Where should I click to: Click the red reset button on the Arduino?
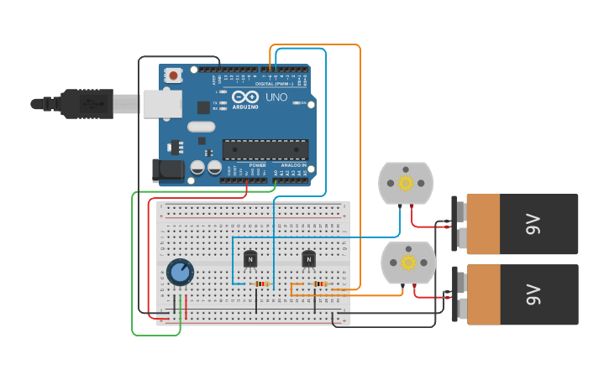[173, 75]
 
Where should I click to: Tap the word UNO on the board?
[276, 97]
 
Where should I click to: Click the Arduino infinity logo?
[245, 98]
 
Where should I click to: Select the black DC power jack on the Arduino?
[167, 170]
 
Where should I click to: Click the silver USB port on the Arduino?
[162, 103]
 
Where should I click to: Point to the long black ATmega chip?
[265, 149]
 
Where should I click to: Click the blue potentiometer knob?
[180, 272]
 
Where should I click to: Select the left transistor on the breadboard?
[250, 259]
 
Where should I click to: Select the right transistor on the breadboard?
[308, 259]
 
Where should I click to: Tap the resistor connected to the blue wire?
[262, 284]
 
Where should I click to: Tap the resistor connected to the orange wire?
[319, 284]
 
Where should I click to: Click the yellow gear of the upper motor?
[406, 184]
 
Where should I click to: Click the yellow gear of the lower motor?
[408, 263]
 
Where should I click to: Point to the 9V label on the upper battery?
[532, 224]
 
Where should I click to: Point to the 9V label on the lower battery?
[532, 294]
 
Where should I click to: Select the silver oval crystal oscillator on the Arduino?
[202, 127]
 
